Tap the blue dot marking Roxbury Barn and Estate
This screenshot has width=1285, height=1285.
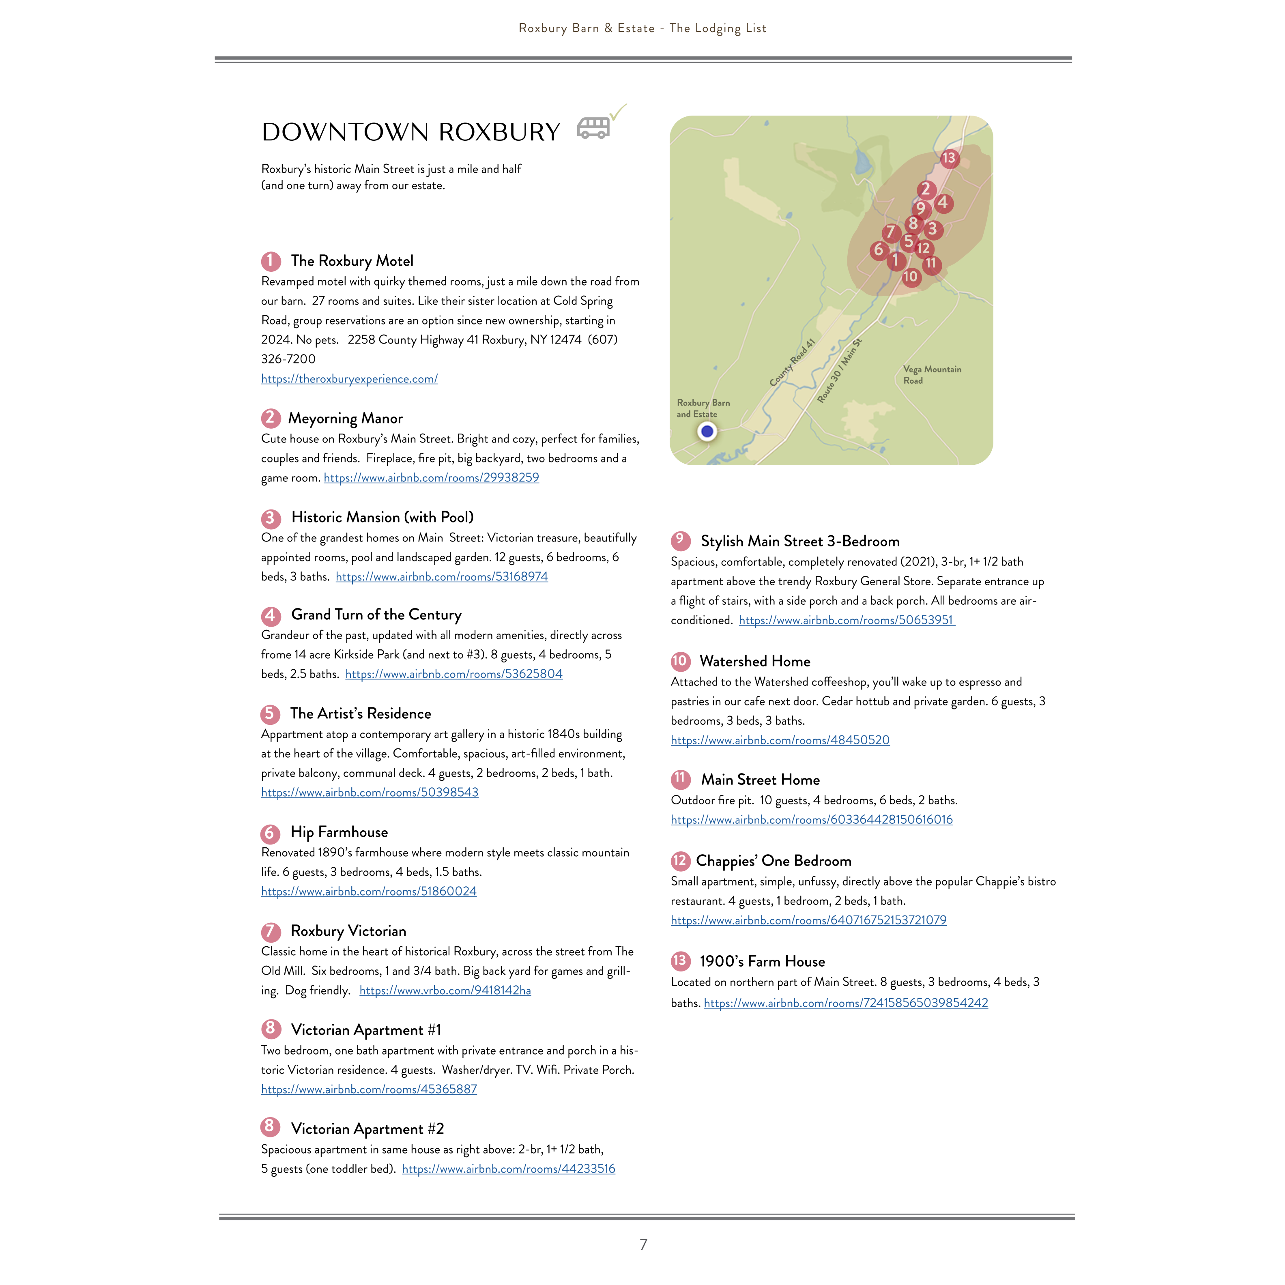tap(707, 432)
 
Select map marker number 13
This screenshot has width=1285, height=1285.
tap(948, 158)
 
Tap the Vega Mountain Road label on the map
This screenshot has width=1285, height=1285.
tap(932, 374)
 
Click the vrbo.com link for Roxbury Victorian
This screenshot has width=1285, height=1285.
tap(445, 991)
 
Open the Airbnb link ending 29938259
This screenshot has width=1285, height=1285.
tap(431, 477)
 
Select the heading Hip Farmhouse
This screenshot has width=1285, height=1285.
tap(339, 832)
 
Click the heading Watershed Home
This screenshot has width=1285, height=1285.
tap(755, 661)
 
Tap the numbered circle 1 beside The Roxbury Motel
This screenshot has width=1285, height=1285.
tap(271, 261)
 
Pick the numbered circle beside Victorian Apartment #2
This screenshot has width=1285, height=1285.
tap(269, 1127)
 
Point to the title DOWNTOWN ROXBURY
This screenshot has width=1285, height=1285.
tap(410, 132)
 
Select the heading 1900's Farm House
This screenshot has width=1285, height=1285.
tap(762, 961)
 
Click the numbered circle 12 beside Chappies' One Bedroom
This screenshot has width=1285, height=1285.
tap(680, 861)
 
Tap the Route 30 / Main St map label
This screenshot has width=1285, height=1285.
tap(839, 370)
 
